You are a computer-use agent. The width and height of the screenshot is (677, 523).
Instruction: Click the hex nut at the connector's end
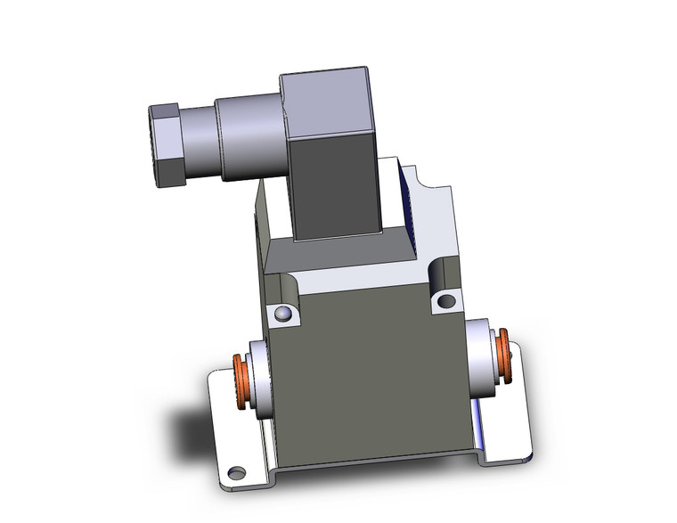(167, 145)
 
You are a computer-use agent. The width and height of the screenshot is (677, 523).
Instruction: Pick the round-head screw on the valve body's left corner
(282, 314)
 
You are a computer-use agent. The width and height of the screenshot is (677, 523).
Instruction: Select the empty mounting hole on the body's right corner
(445, 302)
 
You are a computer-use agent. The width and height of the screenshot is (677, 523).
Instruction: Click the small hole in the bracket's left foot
(235, 470)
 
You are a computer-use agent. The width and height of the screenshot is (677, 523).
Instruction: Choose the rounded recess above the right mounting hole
(443, 272)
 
